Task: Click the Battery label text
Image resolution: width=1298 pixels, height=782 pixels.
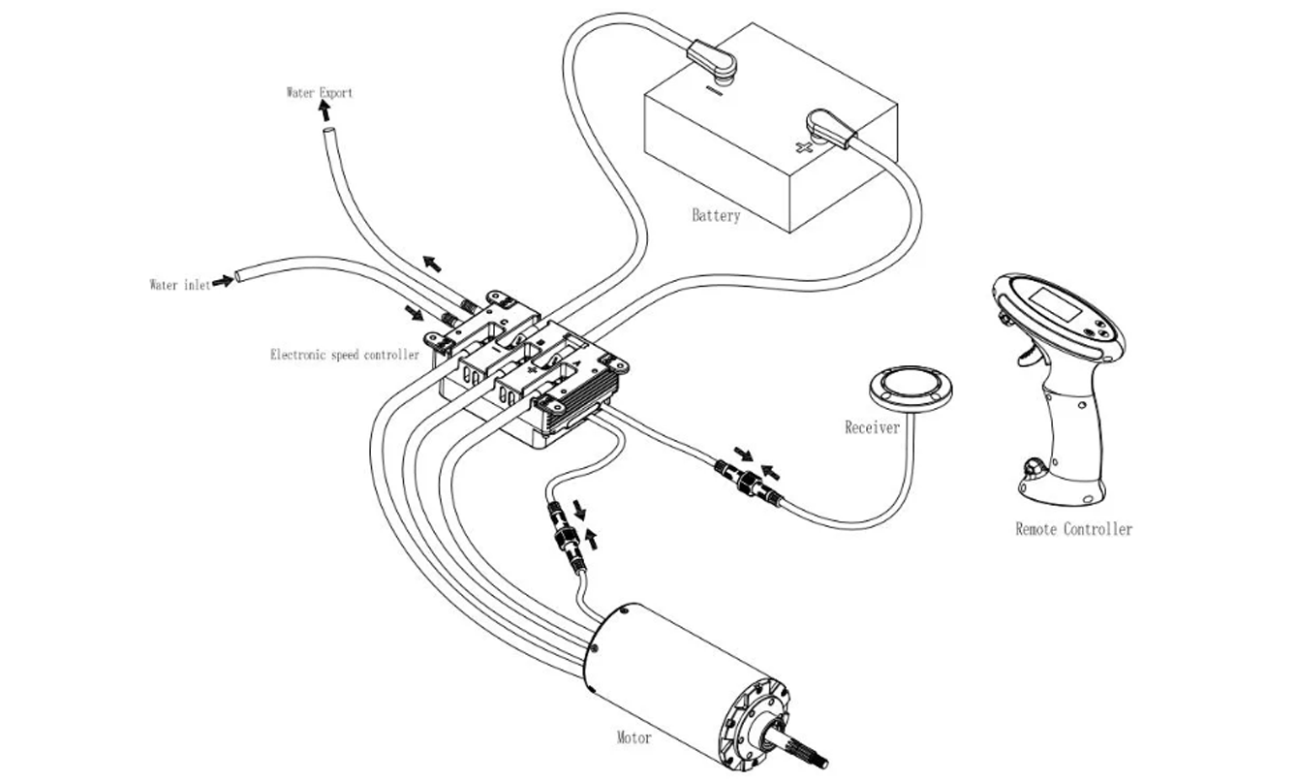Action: (x=716, y=215)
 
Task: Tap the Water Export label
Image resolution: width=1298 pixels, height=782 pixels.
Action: (x=319, y=93)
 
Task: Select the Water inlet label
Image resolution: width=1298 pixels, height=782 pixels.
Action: (x=179, y=285)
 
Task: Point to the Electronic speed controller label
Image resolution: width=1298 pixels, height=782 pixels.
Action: (x=344, y=355)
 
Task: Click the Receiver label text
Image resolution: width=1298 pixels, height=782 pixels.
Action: (x=872, y=426)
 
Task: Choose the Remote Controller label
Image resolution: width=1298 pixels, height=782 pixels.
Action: (x=1073, y=529)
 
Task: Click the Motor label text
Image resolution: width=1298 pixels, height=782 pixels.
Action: (x=634, y=738)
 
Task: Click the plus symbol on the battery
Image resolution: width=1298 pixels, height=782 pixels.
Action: (x=801, y=147)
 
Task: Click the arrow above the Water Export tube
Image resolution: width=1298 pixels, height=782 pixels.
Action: (x=325, y=110)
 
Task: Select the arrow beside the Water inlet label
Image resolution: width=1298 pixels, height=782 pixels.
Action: (x=223, y=281)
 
